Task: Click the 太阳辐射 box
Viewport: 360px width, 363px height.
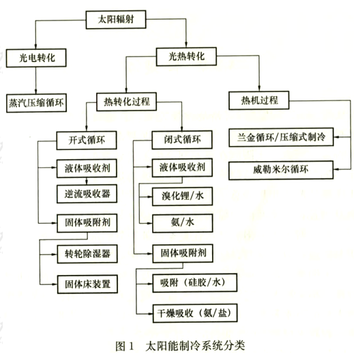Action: (x=116, y=19)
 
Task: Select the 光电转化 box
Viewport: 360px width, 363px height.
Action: (x=36, y=58)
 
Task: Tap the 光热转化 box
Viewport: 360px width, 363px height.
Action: (x=187, y=57)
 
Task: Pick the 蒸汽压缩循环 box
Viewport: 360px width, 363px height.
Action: (x=36, y=103)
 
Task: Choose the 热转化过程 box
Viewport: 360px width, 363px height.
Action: (x=127, y=102)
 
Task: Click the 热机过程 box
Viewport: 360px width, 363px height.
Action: (x=259, y=100)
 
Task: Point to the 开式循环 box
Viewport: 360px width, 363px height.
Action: (x=87, y=141)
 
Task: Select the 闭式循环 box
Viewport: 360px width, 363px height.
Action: (x=182, y=140)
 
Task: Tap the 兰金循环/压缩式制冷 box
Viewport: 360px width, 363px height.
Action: (x=281, y=137)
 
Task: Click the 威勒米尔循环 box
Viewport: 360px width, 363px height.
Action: (x=281, y=171)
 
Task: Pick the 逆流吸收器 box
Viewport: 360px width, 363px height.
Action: (x=87, y=194)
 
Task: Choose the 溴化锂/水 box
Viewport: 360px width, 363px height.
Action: (x=182, y=197)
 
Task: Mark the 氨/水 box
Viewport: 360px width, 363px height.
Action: (x=182, y=223)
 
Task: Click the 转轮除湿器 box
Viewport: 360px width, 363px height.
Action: (x=87, y=254)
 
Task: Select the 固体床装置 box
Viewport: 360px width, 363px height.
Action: (x=87, y=284)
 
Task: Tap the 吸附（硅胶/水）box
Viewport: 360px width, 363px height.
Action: (x=195, y=282)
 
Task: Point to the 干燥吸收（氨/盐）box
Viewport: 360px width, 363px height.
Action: (x=195, y=313)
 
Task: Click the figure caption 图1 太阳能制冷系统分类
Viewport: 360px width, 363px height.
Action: (x=180, y=346)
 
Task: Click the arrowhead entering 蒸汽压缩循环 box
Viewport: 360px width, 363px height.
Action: (x=36, y=91)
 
